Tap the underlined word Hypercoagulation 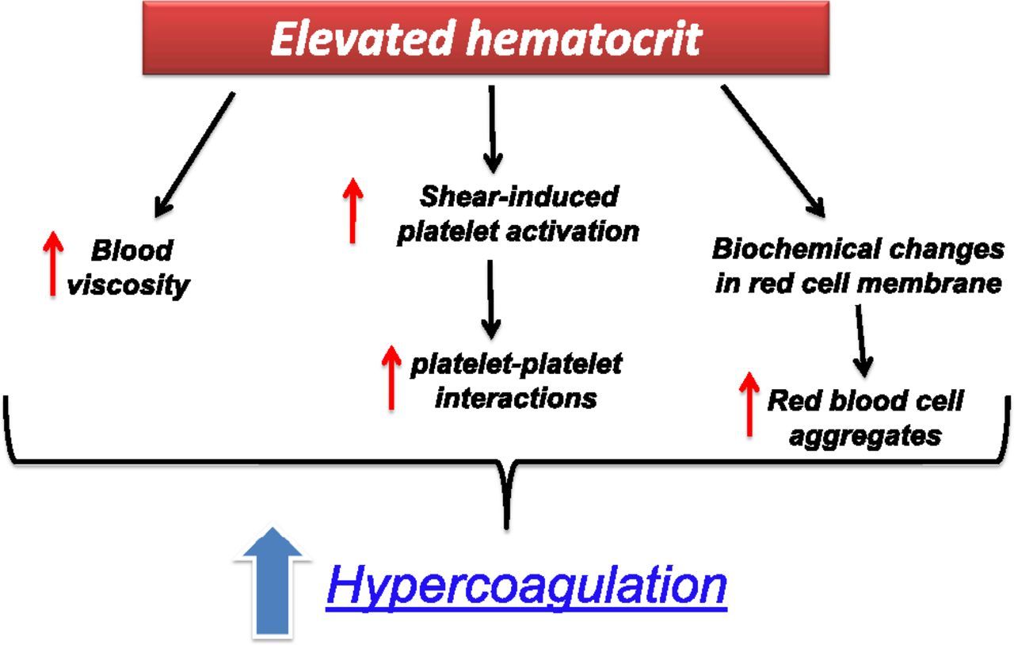(525, 586)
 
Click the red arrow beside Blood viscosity (53, 265)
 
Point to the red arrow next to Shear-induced (353, 210)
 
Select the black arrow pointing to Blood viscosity (193, 155)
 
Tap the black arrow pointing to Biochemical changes (773, 151)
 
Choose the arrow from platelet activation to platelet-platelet (491, 297)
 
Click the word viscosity (128, 285)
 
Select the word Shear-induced (519, 196)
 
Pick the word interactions (516, 397)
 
